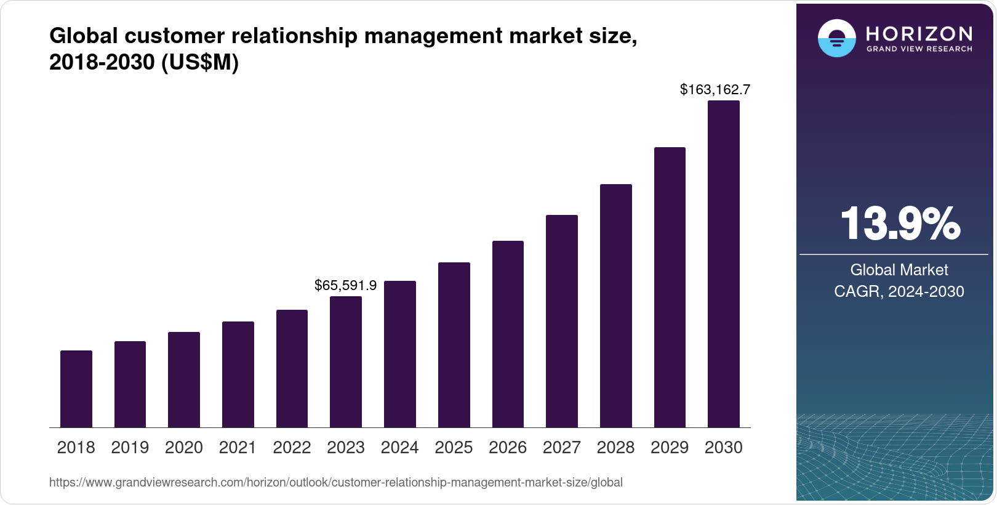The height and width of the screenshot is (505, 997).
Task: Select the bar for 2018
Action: click(x=76, y=389)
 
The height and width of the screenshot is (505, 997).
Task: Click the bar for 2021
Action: click(x=238, y=374)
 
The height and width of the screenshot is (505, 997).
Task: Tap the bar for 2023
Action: click(x=346, y=362)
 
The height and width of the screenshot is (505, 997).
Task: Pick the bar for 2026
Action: click(x=508, y=334)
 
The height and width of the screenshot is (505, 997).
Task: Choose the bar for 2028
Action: click(x=616, y=305)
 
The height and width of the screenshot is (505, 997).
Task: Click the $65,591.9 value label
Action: click(x=345, y=285)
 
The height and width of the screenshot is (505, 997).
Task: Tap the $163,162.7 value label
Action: click(x=715, y=89)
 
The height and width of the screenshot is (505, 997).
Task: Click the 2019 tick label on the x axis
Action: click(x=130, y=448)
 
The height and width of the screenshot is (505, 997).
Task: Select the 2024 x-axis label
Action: click(x=400, y=448)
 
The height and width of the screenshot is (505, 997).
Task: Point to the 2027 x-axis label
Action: click(x=562, y=448)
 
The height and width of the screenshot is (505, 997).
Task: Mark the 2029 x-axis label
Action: click(x=670, y=448)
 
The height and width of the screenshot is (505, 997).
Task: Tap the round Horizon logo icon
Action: click(x=836, y=38)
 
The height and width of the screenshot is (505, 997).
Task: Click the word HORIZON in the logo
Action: click(x=919, y=33)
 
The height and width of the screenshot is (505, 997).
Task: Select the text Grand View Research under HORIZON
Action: click(x=919, y=49)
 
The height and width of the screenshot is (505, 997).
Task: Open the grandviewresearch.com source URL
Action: click(x=336, y=482)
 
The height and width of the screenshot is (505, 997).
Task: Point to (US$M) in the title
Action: click(x=200, y=62)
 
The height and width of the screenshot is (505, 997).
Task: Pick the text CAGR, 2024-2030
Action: click(x=899, y=291)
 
